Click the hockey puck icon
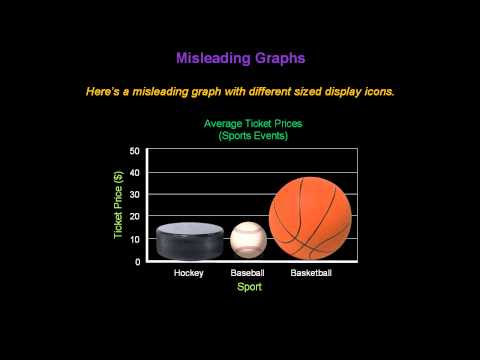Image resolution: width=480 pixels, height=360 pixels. [x=188, y=240]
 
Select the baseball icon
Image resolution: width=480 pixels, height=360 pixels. [x=249, y=240]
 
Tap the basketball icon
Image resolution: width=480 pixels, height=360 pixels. [x=311, y=218]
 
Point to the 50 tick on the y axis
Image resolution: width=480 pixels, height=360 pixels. [x=135, y=151]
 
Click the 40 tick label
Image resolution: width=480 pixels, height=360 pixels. [x=135, y=173]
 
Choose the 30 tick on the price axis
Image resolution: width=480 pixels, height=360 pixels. [x=135, y=195]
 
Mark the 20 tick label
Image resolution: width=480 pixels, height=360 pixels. [x=135, y=217]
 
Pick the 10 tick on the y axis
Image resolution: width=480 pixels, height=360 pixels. [x=135, y=239]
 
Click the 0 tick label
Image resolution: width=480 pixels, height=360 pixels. [x=137, y=261]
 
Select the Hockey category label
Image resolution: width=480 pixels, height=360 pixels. [x=188, y=273]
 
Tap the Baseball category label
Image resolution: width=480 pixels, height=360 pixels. [x=248, y=273]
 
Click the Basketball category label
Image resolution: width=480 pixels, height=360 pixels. [x=311, y=273]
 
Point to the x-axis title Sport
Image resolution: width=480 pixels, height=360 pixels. [x=249, y=287]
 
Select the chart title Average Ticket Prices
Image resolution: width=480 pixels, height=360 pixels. [x=253, y=124]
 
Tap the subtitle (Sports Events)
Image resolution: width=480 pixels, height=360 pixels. [x=253, y=136]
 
